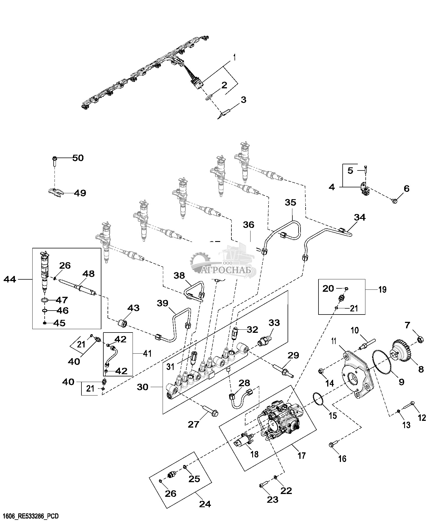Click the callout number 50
[x=78, y=158]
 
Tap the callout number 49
[x=80, y=193]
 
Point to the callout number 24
[x=205, y=504]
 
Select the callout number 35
[x=290, y=203]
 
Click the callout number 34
[x=360, y=217]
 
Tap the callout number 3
[x=243, y=100]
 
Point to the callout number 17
[x=301, y=455]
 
